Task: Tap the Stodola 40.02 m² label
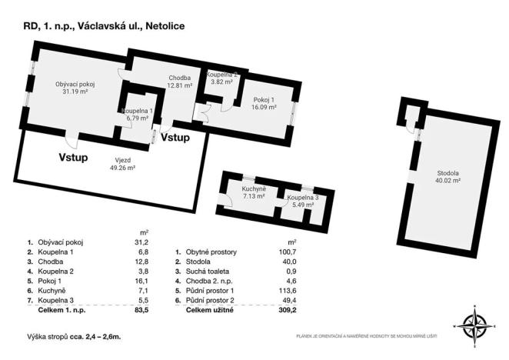pyautogui.click(x=447, y=178)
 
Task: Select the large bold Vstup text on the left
pyautogui.click(x=74, y=157)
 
